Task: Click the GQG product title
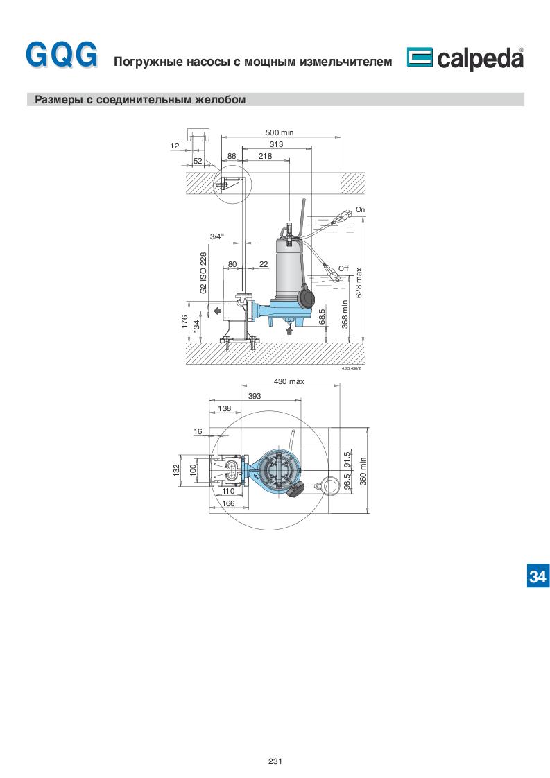pyautogui.click(x=62, y=55)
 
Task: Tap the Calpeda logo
pyautogui.click(x=465, y=58)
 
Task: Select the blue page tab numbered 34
pyautogui.click(x=538, y=576)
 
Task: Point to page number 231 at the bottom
pyautogui.click(x=275, y=761)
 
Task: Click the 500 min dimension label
pyautogui.click(x=280, y=132)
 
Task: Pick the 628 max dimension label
pyautogui.click(x=359, y=283)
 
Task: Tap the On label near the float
pyautogui.click(x=361, y=210)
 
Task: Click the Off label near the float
pyautogui.click(x=343, y=268)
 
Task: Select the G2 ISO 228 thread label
pyautogui.click(x=203, y=273)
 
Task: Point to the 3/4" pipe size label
pyautogui.click(x=216, y=236)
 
